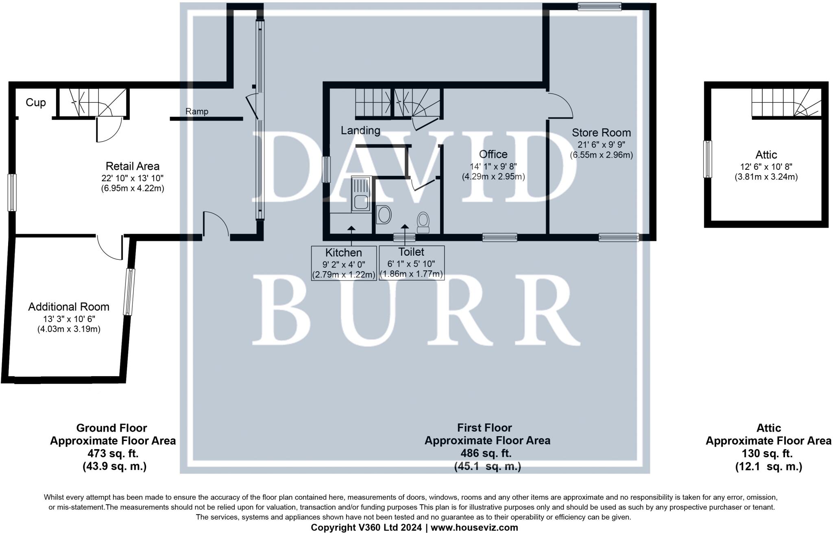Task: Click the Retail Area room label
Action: pyautogui.click(x=132, y=166)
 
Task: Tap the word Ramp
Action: pyautogui.click(x=197, y=111)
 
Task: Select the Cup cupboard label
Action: pyautogui.click(x=36, y=103)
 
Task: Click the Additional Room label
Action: pyautogui.click(x=69, y=307)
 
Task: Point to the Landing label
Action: pyautogui.click(x=360, y=130)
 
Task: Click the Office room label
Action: pyautogui.click(x=493, y=154)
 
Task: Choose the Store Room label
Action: pyautogui.click(x=601, y=133)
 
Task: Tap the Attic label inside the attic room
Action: pyautogui.click(x=766, y=155)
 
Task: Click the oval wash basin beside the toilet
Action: pyautogui.click(x=384, y=215)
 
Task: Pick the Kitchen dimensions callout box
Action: pyautogui.click(x=343, y=263)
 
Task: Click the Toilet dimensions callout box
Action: pyautogui.click(x=411, y=263)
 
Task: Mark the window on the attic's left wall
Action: pyautogui.click(x=708, y=159)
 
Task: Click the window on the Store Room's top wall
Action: pyautogui.click(x=600, y=6)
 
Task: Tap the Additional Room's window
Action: pyautogui.click(x=129, y=292)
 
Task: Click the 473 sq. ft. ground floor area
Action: pyautogui.click(x=113, y=453)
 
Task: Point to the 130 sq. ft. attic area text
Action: pyautogui.click(x=768, y=453)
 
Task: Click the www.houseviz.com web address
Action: pyautogui.click(x=474, y=528)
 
